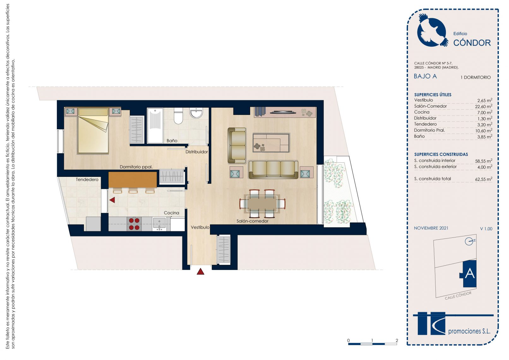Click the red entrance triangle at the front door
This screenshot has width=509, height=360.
[x=201, y=272]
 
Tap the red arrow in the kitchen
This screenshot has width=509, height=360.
[x=112, y=200]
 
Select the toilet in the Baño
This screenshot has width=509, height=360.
[x=178, y=116]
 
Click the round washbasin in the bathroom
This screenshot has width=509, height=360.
[x=196, y=113]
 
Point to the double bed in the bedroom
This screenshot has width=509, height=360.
[x=93, y=131]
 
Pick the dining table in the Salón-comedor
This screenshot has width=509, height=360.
[x=262, y=204]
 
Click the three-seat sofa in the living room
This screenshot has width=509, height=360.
[x=273, y=170]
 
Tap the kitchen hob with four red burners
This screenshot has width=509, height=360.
[x=134, y=224]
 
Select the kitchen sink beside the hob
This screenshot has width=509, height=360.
[x=159, y=224]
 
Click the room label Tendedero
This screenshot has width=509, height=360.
[x=87, y=180]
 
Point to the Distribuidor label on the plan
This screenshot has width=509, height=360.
[x=196, y=152]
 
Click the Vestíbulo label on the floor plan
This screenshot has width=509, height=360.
[x=200, y=227]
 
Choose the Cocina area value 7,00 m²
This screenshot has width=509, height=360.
[x=485, y=112]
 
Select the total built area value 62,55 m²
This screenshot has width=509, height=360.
[x=483, y=179]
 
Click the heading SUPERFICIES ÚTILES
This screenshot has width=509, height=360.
[x=433, y=95]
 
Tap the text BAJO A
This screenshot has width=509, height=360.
[x=425, y=76]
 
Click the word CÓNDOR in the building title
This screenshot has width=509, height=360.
[x=472, y=43]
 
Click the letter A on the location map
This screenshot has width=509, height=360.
[x=470, y=273]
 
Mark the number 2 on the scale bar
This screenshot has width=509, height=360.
[x=397, y=340]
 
